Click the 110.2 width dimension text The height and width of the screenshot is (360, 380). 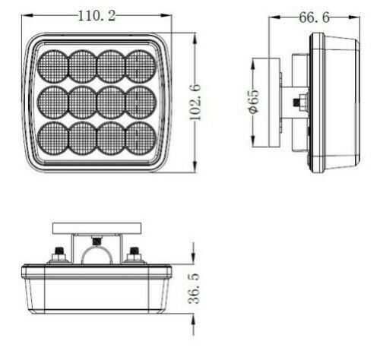97,15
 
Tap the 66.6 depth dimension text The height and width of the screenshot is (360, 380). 314,17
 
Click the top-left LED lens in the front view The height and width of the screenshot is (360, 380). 54,64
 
